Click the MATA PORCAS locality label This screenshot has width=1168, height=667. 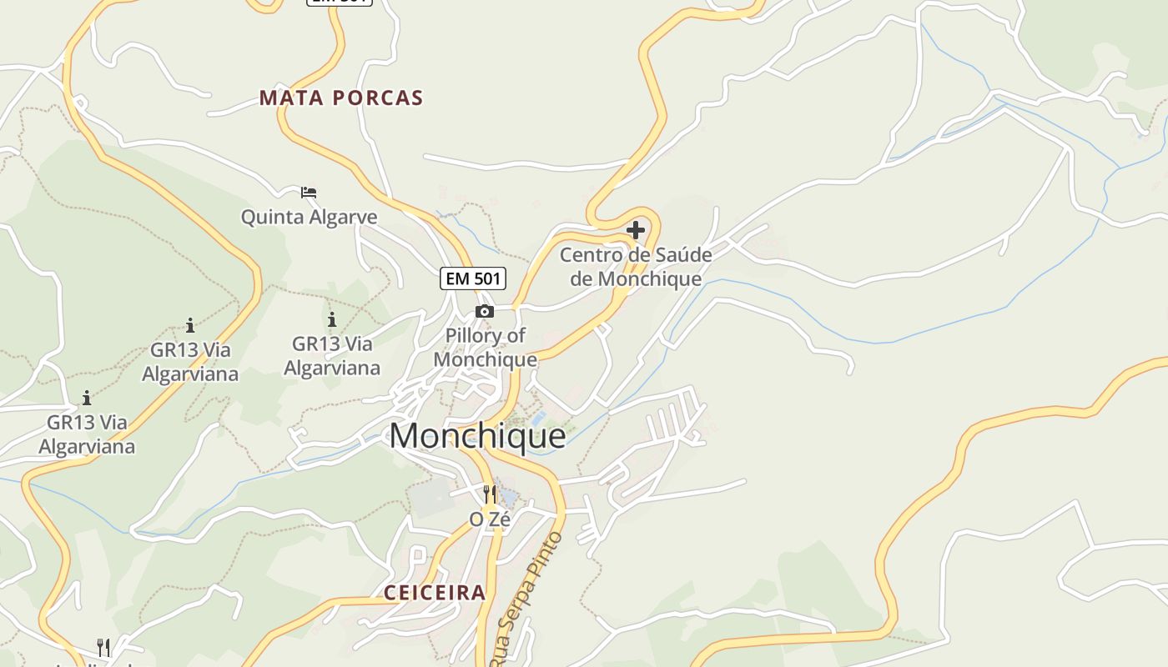[341, 98]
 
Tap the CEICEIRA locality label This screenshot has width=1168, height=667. [435, 593]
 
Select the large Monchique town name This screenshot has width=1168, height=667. [477, 436]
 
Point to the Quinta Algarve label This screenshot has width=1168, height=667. [309, 217]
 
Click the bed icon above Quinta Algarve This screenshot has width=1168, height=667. [309, 193]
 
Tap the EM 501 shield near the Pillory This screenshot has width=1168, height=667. [473, 278]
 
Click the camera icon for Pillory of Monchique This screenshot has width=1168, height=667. [485, 312]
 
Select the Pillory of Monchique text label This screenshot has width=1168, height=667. [486, 348]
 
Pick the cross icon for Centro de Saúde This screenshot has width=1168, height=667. [636, 230]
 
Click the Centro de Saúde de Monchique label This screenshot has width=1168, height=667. [636, 267]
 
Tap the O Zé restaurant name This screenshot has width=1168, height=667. [490, 519]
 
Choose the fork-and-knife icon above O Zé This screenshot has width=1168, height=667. [490, 494]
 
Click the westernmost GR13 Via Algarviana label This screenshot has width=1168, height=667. [87, 434]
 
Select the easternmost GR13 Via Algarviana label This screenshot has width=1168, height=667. [332, 356]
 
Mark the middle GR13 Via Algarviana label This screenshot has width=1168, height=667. [190, 361]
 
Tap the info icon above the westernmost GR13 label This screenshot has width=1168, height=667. [87, 398]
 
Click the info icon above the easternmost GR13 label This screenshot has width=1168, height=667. [332, 319]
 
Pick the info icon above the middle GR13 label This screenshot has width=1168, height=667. [190, 324]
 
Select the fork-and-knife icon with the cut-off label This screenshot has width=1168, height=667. [103, 647]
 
